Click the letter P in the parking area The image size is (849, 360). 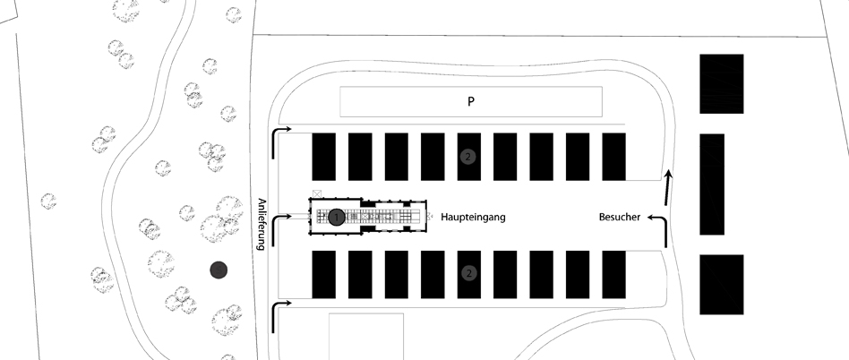470,102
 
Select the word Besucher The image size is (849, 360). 619,218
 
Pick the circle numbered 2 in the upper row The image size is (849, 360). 467,157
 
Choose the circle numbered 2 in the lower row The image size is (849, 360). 467,273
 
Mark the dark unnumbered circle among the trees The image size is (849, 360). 217,268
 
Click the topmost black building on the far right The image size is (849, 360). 722,83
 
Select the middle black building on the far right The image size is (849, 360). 712,184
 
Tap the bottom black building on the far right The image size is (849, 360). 722,284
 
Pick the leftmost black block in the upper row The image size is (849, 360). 322,156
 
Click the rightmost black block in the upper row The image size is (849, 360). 613,156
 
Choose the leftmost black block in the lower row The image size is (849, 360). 322,274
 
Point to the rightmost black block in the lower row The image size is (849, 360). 613,274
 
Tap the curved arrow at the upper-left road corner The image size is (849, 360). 280,138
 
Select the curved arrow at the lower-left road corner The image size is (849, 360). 280,311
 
